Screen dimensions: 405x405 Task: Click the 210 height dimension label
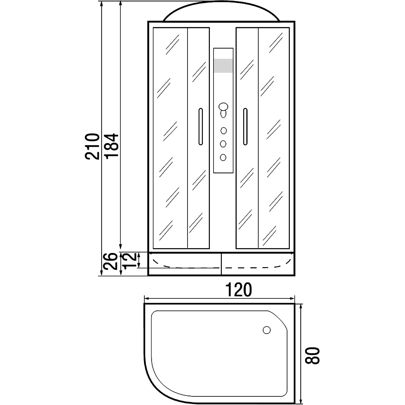pyautogui.click(x=92, y=146)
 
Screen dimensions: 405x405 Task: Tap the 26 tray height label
pyautogui.click(x=110, y=261)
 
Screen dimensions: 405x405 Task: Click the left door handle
pyautogui.click(x=201, y=127)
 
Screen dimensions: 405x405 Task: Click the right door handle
pyautogui.click(x=245, y=127)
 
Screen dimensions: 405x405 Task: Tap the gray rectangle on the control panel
pyautogui.click(x=223, y=66)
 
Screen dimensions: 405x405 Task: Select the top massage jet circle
pyautogui.click(x=223, y=131)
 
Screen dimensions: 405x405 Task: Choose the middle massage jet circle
pyautogui.click(x=223, y=144)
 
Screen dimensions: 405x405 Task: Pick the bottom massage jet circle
pyautogui.click(x=223, y=157)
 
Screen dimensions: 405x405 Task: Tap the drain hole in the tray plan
pyautogui.click(x=267, y=330)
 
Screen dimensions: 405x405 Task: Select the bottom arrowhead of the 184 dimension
pyautogui.click(x=120, y=247)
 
